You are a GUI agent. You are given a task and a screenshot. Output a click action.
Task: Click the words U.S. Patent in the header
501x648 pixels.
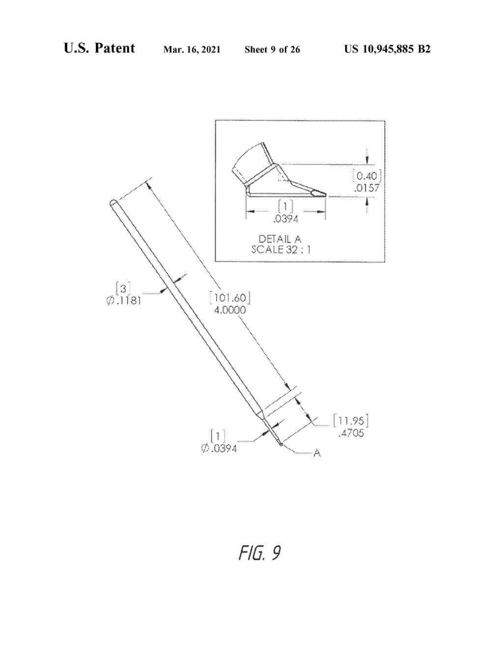point(99,48)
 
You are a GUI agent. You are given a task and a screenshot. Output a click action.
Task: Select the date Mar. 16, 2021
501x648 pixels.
point(192,49)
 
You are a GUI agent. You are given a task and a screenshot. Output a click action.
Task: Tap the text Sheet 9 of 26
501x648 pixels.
point(272,49)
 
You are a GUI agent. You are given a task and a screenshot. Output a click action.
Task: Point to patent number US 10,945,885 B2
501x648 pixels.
point(387,49)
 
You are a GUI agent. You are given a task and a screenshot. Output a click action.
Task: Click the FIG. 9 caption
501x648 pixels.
point(259,553)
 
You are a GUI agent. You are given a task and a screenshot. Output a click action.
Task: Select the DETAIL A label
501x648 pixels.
point(280,239)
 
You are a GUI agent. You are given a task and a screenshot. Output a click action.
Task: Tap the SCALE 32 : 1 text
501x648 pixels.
point(280,249)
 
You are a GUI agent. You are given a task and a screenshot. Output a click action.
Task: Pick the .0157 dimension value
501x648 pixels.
point(367,187)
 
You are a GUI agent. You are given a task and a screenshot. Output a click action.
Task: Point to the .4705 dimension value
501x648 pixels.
point(351,433)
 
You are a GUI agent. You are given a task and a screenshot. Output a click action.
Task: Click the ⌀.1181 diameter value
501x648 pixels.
point(124,300)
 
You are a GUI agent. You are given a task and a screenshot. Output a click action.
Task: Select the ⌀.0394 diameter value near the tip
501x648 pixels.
point(219,448)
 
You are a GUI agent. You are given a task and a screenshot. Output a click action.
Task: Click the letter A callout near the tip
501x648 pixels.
point(317,453)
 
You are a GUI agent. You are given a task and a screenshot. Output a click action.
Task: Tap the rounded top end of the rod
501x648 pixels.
point(112,203)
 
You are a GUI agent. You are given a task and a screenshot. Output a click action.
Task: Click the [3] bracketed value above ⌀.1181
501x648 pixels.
point(123,287)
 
